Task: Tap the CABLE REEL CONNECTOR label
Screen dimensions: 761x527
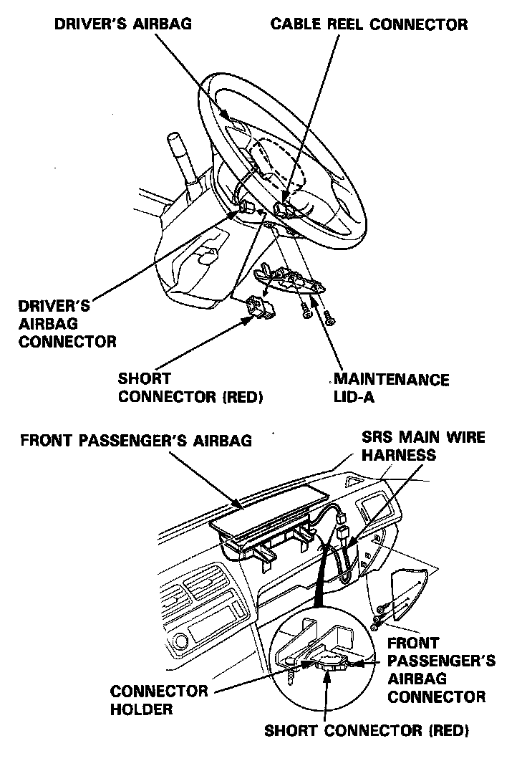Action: (369, 24)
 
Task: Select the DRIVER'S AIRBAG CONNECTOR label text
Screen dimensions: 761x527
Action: (67, 324)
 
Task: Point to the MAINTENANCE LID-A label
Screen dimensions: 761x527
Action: (391, 388)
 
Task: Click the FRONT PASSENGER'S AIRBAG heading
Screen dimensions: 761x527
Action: (136, 440)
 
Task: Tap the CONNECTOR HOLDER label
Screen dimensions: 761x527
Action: (159, 700)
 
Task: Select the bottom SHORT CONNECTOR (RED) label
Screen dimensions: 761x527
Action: (367, 732)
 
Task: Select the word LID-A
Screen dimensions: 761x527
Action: (354, 397)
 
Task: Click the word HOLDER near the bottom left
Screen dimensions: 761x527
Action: (142, 709)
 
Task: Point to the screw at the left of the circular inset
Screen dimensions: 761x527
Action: (293, 676)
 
